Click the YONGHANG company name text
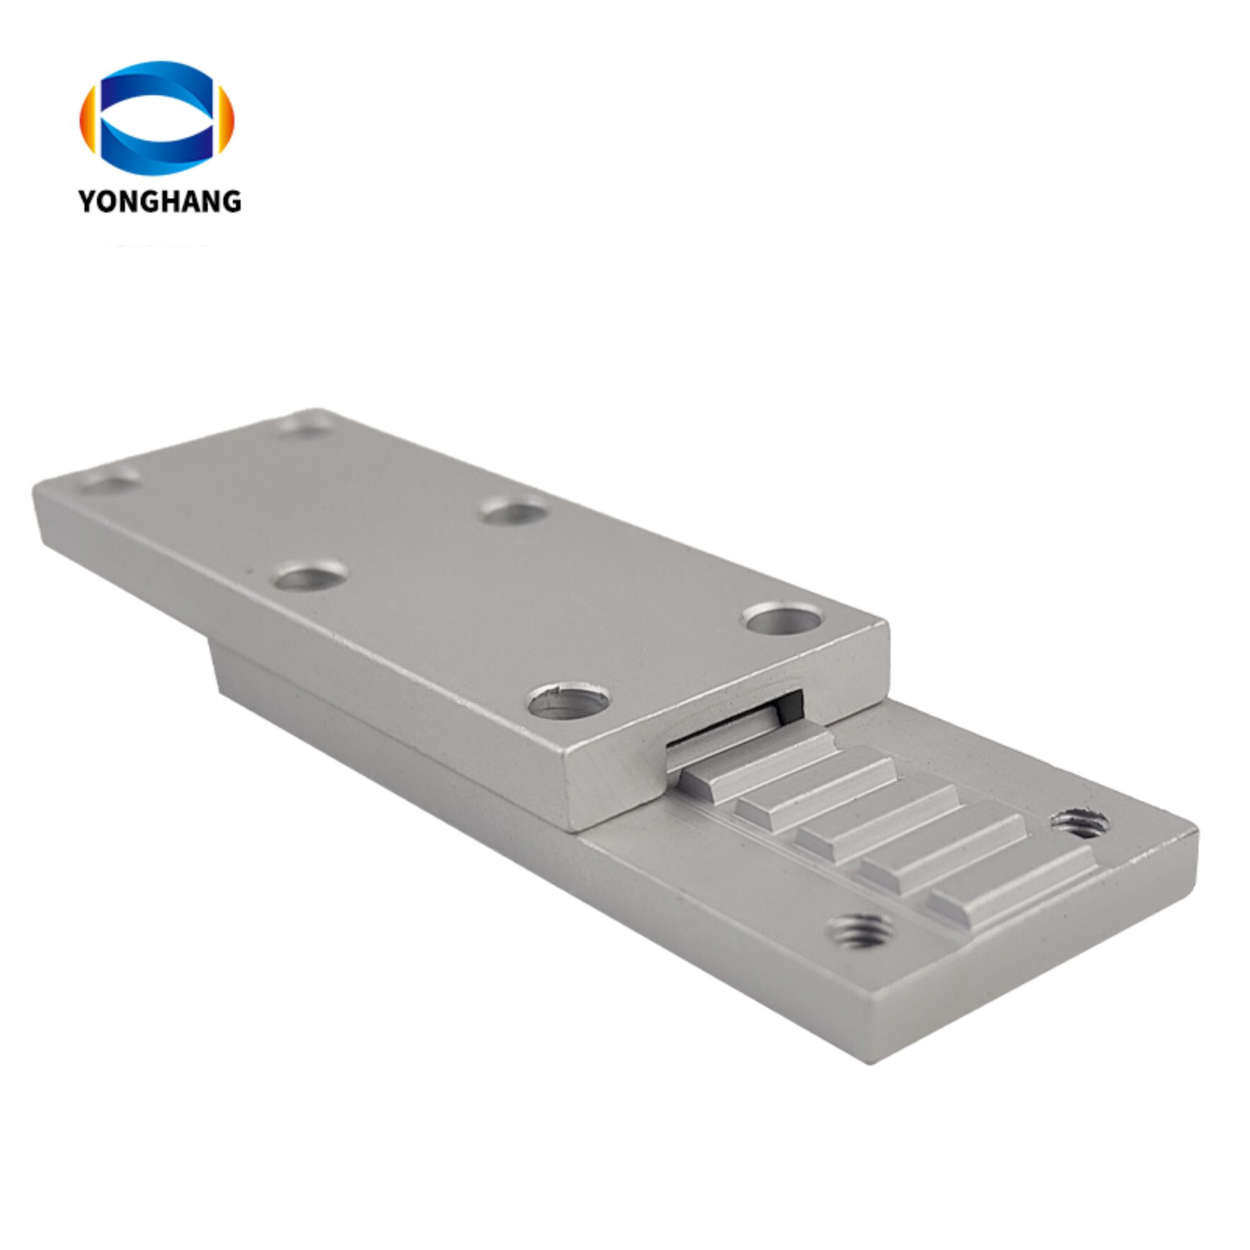click(160, 201)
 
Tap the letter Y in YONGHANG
click(88, 201)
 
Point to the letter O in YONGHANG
click(109, 201)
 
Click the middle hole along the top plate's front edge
click(311, 575)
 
